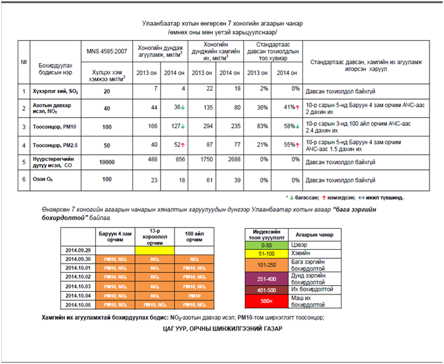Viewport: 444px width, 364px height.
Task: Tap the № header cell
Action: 24,62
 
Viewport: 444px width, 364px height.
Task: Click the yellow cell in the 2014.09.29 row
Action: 155,250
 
